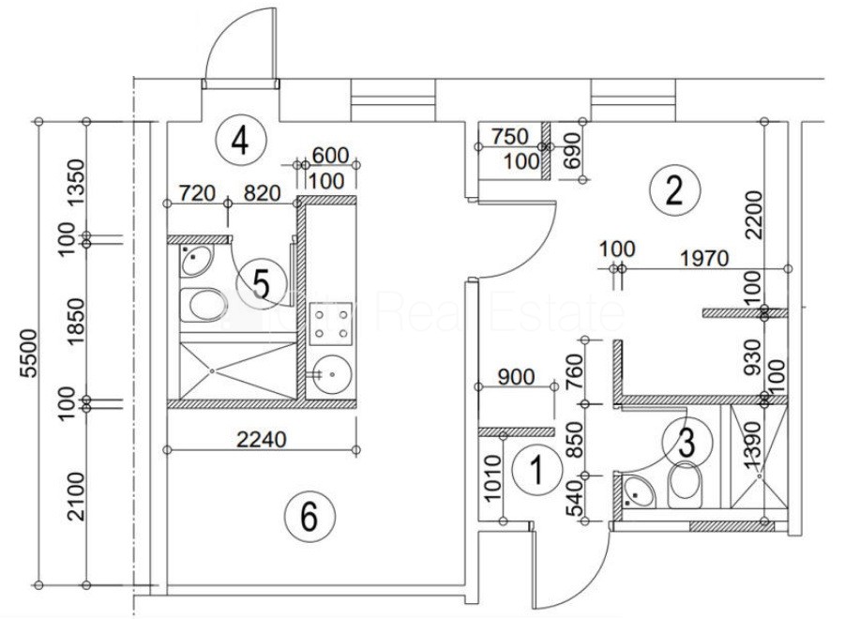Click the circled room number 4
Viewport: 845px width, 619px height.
(240, 142)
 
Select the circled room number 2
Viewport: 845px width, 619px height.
(674, 190)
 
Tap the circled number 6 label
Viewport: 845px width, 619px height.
(309, 517)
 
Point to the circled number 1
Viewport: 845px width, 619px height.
(536, 470)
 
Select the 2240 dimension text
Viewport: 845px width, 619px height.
(262, 440)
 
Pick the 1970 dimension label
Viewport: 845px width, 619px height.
(703, 259)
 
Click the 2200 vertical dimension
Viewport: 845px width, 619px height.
(753, 215)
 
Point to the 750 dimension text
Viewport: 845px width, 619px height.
(510, 136)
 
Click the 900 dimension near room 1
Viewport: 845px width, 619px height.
(516, 377)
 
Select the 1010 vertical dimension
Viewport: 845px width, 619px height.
(493, 478)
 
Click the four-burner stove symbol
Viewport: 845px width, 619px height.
(331, 324)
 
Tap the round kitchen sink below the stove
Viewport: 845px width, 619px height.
(332, 374)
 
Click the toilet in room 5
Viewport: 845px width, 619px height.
(204, 305)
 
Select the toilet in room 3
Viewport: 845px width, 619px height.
(685, 484)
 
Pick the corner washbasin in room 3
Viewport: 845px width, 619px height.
(640, 491)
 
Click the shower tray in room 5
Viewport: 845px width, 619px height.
(237, 370)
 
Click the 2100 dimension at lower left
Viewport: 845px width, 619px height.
(77, 496)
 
